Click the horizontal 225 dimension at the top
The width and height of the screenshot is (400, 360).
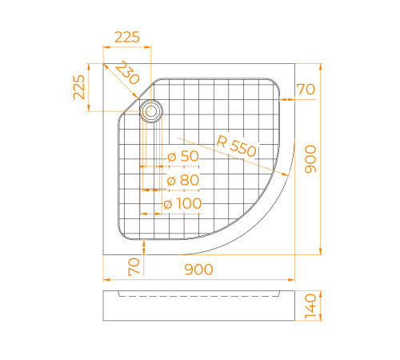coord(127,37)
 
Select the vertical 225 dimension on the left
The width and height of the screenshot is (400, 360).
coord(78,86)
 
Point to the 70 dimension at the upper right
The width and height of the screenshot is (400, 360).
coord(306,90)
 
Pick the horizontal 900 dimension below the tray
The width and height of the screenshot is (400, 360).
coord(198,270)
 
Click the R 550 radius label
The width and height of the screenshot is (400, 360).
coord(236,146)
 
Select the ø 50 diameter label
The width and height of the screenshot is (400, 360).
coord(183,157)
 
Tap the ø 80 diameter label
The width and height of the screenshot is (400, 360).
coord(183,181)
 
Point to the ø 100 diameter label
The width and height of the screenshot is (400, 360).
coord(182,204)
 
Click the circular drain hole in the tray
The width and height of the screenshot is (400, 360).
coord(150,110)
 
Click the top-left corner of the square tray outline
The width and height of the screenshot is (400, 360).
coord(104,64)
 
